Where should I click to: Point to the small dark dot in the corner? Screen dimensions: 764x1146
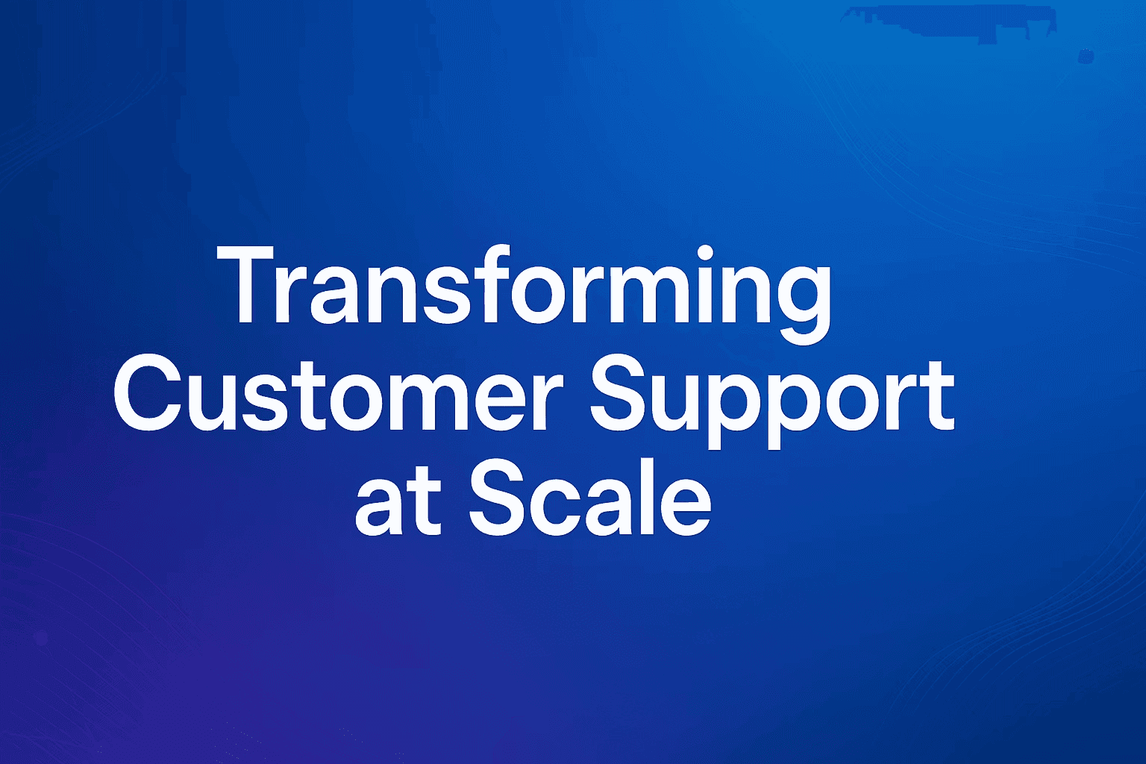coord(1084,57)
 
